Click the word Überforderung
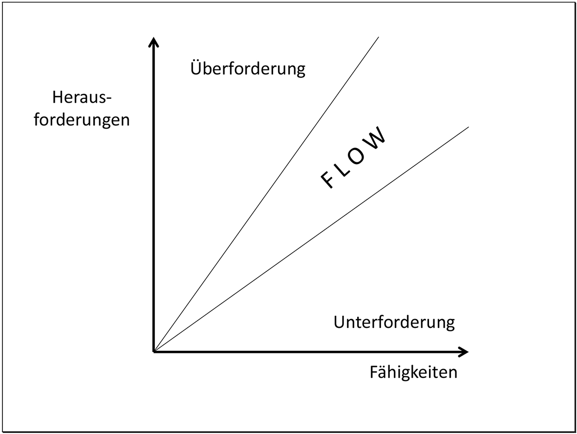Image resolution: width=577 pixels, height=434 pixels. (x=247, y=68)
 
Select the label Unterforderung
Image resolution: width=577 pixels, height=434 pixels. (x=394, y=323)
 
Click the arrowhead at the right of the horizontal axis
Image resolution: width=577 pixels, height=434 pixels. (x=463, y=351)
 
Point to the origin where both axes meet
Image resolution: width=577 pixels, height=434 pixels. (x=154, y=351)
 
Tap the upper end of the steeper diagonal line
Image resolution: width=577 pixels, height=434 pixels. (x=379, y=37)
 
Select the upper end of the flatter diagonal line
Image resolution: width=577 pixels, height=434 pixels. (x=468, y=127)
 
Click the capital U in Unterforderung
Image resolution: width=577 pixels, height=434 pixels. (x=339, y=323)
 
